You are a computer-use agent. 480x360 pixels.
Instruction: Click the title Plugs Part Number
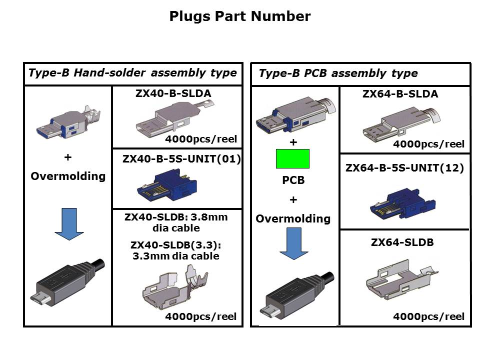[x=240, y=16]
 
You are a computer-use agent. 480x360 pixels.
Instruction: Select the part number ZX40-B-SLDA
[x=173, y=93]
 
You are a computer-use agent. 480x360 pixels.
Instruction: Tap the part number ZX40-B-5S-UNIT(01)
[x=181, y=159]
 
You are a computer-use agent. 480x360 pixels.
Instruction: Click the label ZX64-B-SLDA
[x=400, y=93]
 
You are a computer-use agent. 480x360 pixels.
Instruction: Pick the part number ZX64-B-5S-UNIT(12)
[x=404, y=168]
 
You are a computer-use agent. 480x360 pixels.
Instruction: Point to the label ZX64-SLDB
[x=402, y=242]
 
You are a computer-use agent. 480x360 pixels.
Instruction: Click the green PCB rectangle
[x=292, y=158]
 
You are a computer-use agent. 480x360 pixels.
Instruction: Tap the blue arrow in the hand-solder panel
[x=69, y=224]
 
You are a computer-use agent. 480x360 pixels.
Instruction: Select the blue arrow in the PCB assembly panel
[x=294, y=243]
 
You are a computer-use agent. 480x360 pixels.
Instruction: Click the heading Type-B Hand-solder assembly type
[x=132, y=73]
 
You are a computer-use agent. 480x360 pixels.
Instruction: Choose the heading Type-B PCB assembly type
[x=338, y=73]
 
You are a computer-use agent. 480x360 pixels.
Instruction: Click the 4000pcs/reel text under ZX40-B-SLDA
[x=201, y=139]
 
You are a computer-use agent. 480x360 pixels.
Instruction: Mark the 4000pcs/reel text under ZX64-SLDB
[x=428, y=316]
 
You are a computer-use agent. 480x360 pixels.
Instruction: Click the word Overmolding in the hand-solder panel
[x=68, y=176]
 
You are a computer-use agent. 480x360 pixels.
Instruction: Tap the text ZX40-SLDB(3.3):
[x=175, y=245]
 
